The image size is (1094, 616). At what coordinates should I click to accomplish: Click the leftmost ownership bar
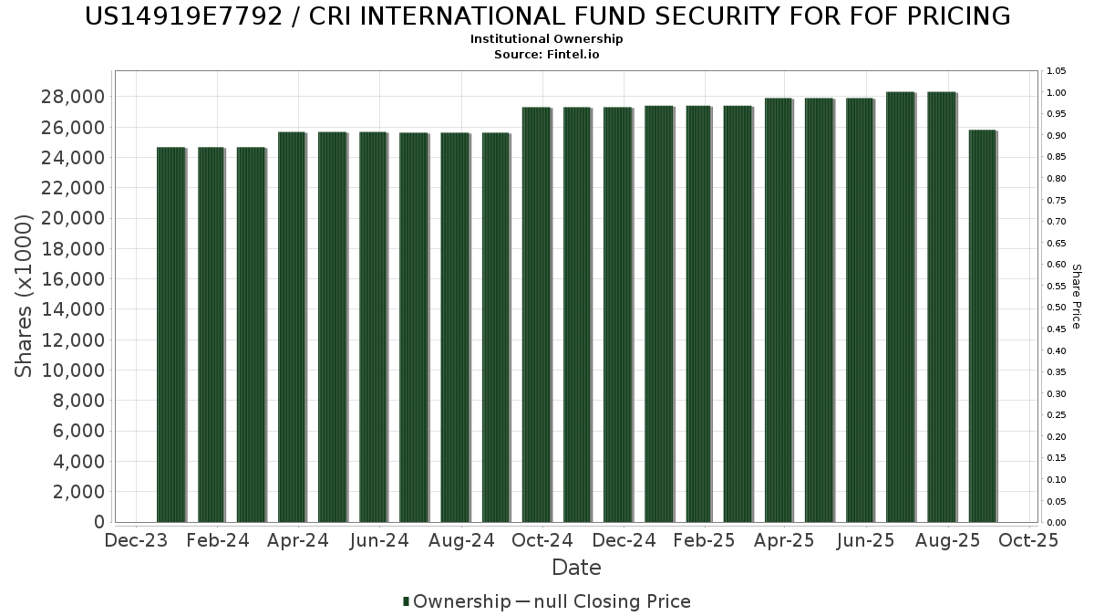(x=170, y=334)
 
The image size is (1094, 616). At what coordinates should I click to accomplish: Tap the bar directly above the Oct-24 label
(x=536, y=314)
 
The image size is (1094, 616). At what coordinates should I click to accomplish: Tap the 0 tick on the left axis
(x=98, y=522)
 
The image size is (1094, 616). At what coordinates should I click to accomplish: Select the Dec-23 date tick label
(x=137, y=540)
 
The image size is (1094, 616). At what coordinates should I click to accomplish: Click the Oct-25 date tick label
(x=1027, y=540)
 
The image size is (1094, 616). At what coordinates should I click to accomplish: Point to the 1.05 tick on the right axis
(x=1057, y=71)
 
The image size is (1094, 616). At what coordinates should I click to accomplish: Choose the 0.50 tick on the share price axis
(x=1057, y=308)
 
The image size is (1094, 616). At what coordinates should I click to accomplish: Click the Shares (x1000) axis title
(x=25, y=296)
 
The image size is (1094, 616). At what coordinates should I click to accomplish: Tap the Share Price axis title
(x=1077, y=296)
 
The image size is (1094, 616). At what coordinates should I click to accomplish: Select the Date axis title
(x=576, y=568)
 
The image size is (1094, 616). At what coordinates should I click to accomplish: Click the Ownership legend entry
(x=457, y=601)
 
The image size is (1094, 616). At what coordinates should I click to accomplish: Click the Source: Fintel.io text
(x=547, y=54)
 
